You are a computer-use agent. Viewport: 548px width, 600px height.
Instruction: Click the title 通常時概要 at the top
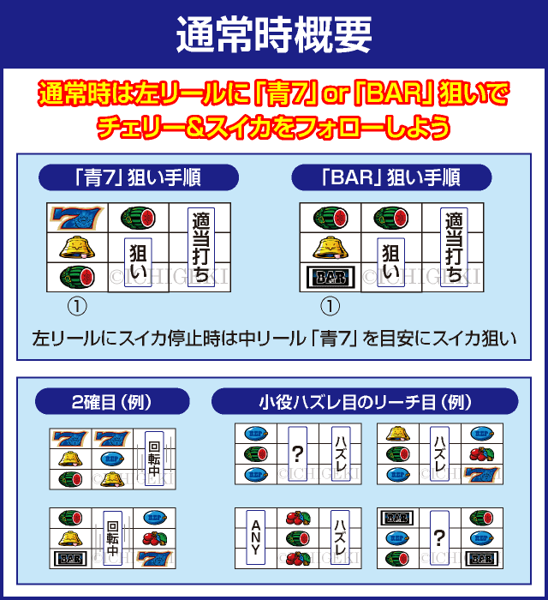274,34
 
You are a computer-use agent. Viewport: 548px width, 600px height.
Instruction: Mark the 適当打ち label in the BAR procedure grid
453,248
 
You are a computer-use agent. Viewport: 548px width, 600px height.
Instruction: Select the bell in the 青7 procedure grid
75,249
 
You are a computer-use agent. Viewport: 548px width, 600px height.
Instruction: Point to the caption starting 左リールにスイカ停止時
274,339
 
